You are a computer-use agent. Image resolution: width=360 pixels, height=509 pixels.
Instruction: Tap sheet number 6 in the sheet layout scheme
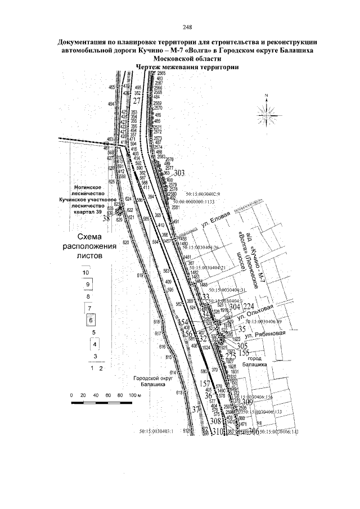click(x=92, y=320)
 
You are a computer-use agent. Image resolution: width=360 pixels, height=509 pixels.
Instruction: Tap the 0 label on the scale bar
click(x=72, y=395)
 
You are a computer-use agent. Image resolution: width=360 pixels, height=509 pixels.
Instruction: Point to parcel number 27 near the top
click(x=137, y=101)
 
